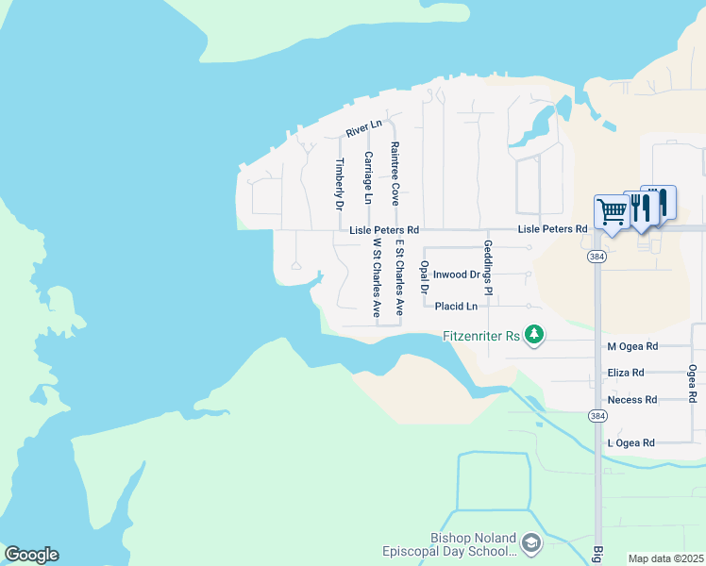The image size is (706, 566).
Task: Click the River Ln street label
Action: pyautogui.click(x=363, y=128)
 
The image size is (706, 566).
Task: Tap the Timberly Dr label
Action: pyautogui.click(x=339, y=183)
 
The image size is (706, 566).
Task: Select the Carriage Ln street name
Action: pyautogui.click(x=367, y=177)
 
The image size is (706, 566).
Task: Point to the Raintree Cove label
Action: pyautogui.click(x=395, y=175)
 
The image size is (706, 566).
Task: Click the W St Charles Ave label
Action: pyautogui.click(x=376, y=276)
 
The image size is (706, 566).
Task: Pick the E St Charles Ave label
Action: pyautogui.click(x=399, y=276)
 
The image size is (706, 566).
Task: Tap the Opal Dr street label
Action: pyautogui.click(x=425, y=276)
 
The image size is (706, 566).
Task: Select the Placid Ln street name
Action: pyautogui.click(x=456, y=306)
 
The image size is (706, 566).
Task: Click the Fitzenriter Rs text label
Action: pyautogui.click(x=481, y=336)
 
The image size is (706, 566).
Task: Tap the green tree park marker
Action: pyautogui.click(x=534, y=335)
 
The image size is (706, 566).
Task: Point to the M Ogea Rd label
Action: pyautogui.click(x=632, y=347)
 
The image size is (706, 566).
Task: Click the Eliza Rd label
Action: pyautogui.click(x=626, y=373)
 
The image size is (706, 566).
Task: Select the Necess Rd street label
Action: pyautogui.click(x=632, y=400)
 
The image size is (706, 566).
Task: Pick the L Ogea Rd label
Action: pyautogui.click(x=630, y=442)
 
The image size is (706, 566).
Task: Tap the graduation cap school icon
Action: pyautogui.click(x=530, y=543)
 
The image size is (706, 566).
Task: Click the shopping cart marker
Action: pyautogui.click(x=612, y=212)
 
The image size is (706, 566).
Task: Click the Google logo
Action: pyautogui.click(x=31, y=555)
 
